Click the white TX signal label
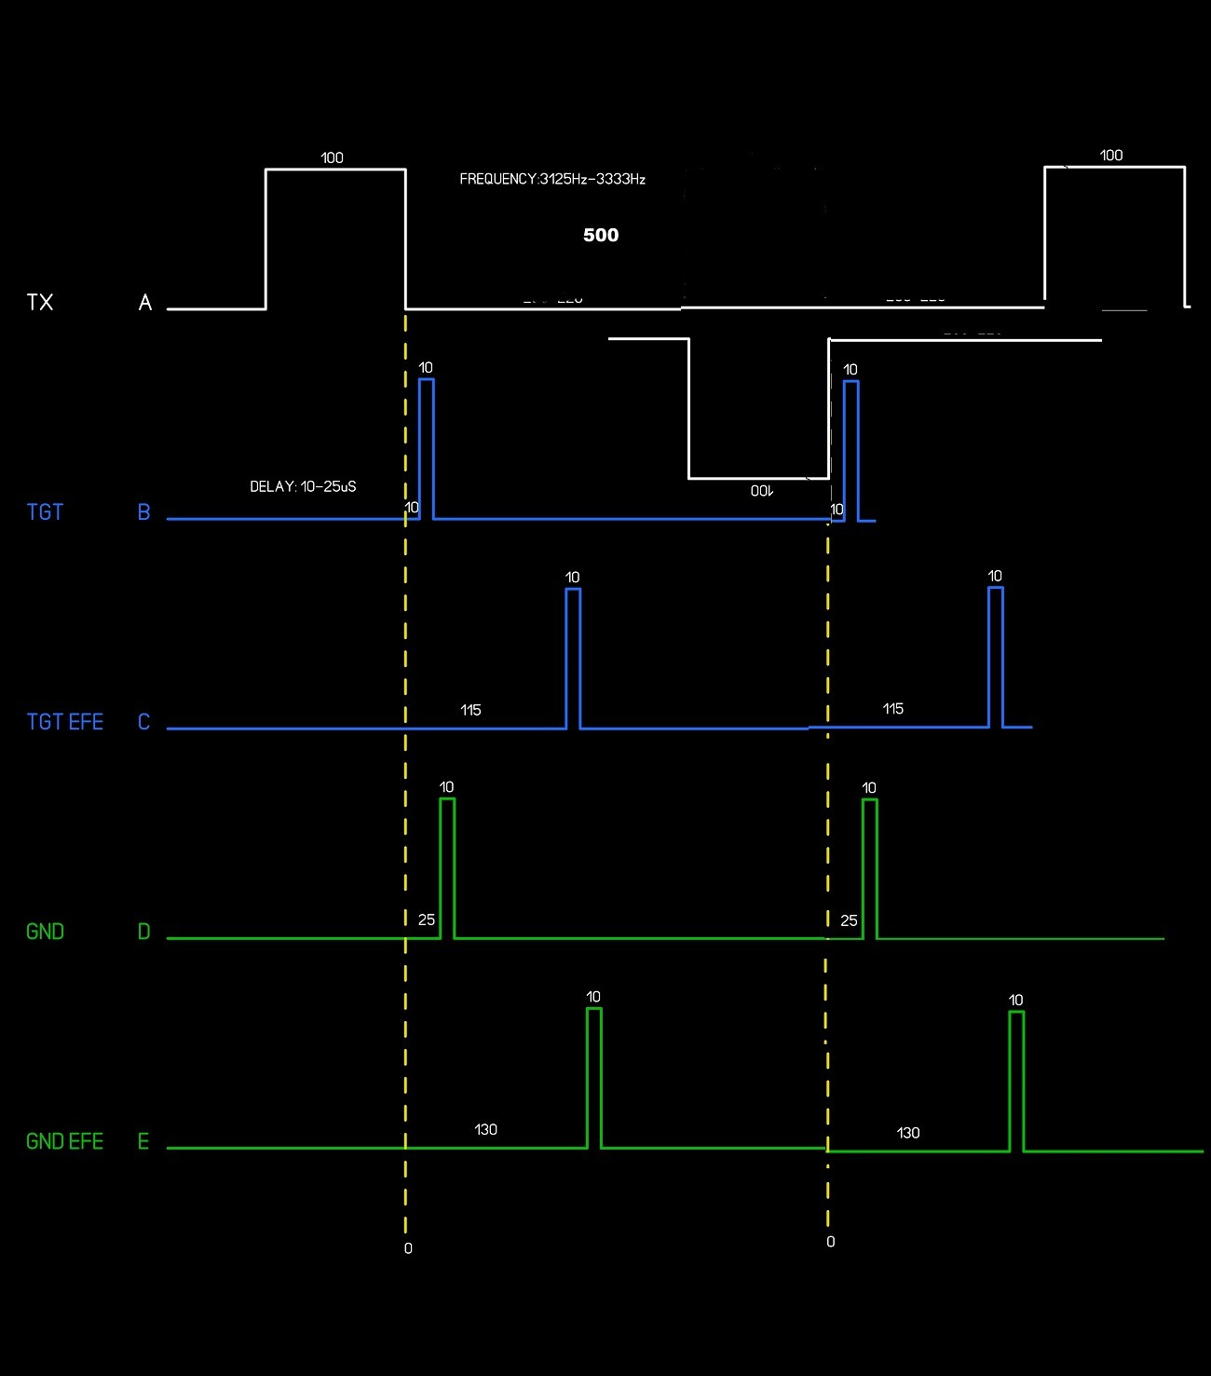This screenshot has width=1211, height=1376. coord(40,302)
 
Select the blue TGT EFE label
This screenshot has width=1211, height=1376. coord(65,722)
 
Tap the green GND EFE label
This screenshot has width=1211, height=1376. coord(64,1141)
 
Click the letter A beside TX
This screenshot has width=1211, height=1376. coord(144,302)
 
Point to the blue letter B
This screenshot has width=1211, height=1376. coord(143,512)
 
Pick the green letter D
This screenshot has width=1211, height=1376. coord(143,932)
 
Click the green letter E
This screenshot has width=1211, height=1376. coord(143,1141)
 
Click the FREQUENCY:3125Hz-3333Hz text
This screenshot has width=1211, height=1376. coord(552,179)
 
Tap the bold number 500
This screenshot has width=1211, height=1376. coord(601,235)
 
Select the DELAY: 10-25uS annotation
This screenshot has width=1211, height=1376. coord(303,486)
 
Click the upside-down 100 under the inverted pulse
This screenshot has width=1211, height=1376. coord(761,490)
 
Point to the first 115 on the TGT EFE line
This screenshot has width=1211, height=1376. coord(470,710)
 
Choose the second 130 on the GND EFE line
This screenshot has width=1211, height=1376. coord(907,1133)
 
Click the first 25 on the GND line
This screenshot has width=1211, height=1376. coord(427,920)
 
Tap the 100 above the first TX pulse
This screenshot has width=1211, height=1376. coord(332,157)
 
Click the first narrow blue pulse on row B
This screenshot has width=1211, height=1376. coord(426,447)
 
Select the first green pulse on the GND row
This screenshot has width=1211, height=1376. coord(447,866)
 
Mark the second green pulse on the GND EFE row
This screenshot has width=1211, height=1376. coord(1016,1081)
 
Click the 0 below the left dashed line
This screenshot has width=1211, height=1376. coord(408,1248)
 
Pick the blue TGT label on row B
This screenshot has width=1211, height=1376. coord(45,512)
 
